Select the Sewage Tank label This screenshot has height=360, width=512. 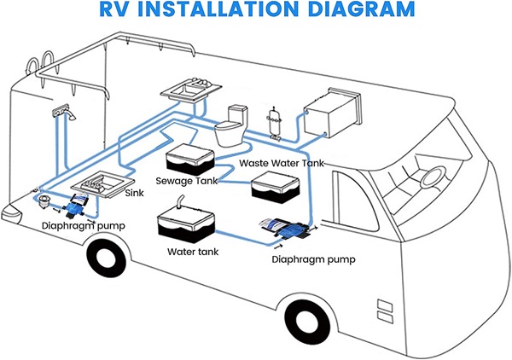click(x=186, y=181)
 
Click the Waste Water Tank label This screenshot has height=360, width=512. click(x=282, y=163)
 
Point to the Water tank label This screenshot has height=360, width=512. click(x=193, y=252)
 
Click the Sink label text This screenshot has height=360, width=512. click(x=135, y=193)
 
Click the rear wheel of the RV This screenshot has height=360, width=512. click(x=107, y=258)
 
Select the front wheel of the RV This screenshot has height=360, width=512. click(x=306, y=322)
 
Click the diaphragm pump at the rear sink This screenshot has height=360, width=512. click(x=76, y=205)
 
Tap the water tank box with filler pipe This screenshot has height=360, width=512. click(x=185, y=223)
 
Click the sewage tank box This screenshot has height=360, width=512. click(x=190, y=159)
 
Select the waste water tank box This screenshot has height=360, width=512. click(x=275, y=188)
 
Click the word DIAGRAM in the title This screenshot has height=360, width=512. click(x=361, y=9)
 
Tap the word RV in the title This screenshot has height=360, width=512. click(x=115, y=9)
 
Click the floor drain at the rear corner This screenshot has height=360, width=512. click(x=43, y=200)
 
